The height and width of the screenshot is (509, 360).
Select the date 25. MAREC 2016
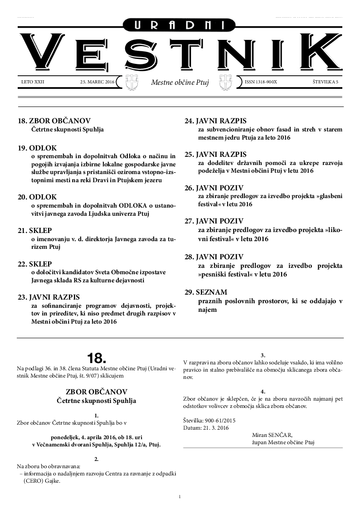point(97,82)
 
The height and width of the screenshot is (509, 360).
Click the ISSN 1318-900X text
point(261,82)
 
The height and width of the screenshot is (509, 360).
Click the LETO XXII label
point(33,82)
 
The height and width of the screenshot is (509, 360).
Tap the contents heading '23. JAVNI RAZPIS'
point(49,297)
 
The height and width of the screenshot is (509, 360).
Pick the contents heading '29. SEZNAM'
point(206,292)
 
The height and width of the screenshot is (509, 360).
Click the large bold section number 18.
point(96,359)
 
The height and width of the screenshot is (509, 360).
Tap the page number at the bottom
point(180,497)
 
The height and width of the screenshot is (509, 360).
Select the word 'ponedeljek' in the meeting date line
point(63,437)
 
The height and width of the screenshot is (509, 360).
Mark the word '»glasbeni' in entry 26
point(325,196)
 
